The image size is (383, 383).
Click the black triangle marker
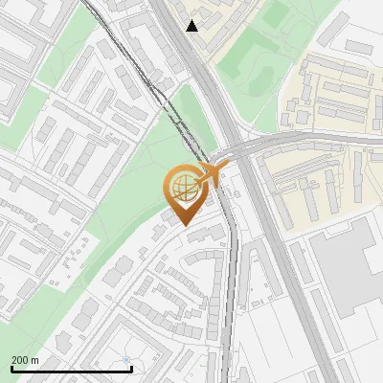click(x=192, y=26)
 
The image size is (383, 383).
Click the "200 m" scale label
click(x=26, y=360)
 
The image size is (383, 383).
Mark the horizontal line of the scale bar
click(x=71, y=369)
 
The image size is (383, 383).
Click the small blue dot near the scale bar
click(x=126, y=360)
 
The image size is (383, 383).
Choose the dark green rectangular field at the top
click(x=277, y=13)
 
